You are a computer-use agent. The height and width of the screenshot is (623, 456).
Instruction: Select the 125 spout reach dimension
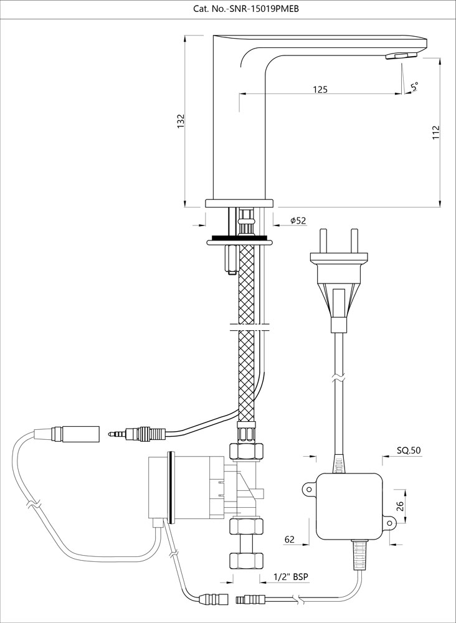tap(320, 90)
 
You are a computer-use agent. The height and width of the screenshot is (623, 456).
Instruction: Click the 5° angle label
tap(414, 87)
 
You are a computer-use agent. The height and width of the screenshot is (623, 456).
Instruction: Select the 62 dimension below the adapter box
tap(290, 540)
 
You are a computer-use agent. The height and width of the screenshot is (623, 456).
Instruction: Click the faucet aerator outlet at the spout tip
tap(402, 56)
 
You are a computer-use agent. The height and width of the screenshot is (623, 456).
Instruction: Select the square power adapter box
tap(349, 506)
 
